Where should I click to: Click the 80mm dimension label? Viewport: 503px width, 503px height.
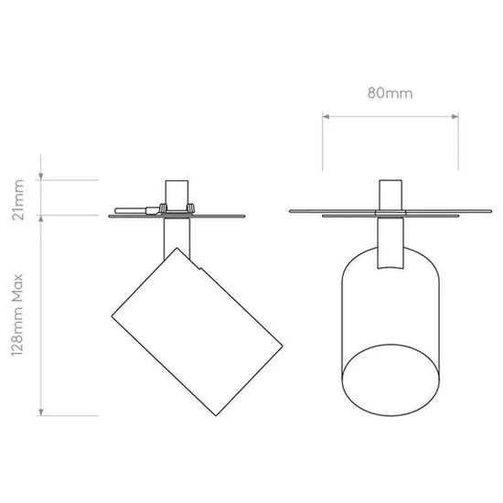click(390, 93)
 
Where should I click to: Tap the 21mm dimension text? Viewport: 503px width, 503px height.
click(17, 200)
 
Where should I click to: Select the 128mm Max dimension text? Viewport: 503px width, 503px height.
click(17, 315)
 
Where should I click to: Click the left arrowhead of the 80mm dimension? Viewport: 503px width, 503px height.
click(326, 116)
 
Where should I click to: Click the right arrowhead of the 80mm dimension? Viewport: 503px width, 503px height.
click(455, 116)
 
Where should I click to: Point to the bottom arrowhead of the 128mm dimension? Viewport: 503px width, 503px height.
click(41, 412)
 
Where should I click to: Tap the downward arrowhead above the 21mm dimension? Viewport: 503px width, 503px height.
click(41, 177)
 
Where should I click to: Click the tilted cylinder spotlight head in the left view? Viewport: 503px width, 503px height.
click(197, 332)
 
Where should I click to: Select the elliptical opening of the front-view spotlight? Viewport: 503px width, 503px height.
click(391, 380)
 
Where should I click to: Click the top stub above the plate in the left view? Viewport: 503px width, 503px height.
click(177, 196)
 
